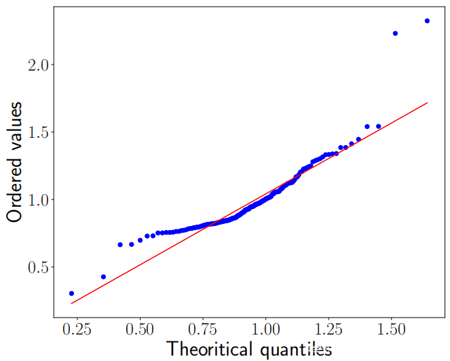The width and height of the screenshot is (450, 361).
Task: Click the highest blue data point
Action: click(x=427, y=21)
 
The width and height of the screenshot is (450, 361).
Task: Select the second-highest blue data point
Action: click(x=395, y=33)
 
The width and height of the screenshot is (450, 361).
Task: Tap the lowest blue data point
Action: click(x=71, y=293)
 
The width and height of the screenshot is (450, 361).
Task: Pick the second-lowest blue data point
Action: click(x=103, y=277)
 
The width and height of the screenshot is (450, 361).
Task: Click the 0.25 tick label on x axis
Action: click(x=77, y=330)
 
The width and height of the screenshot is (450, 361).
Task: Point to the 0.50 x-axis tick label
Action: click(x=140, y=330)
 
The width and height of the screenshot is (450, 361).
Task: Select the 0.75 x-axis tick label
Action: click(x=202, y=330)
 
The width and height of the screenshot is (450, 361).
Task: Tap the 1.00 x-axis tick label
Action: click(x=265, y=330)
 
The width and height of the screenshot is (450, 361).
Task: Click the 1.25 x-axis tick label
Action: click(x=329, y=330)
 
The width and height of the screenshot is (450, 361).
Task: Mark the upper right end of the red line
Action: click(x=428, y=102)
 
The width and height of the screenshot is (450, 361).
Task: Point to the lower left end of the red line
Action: click(x=71, y=303)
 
